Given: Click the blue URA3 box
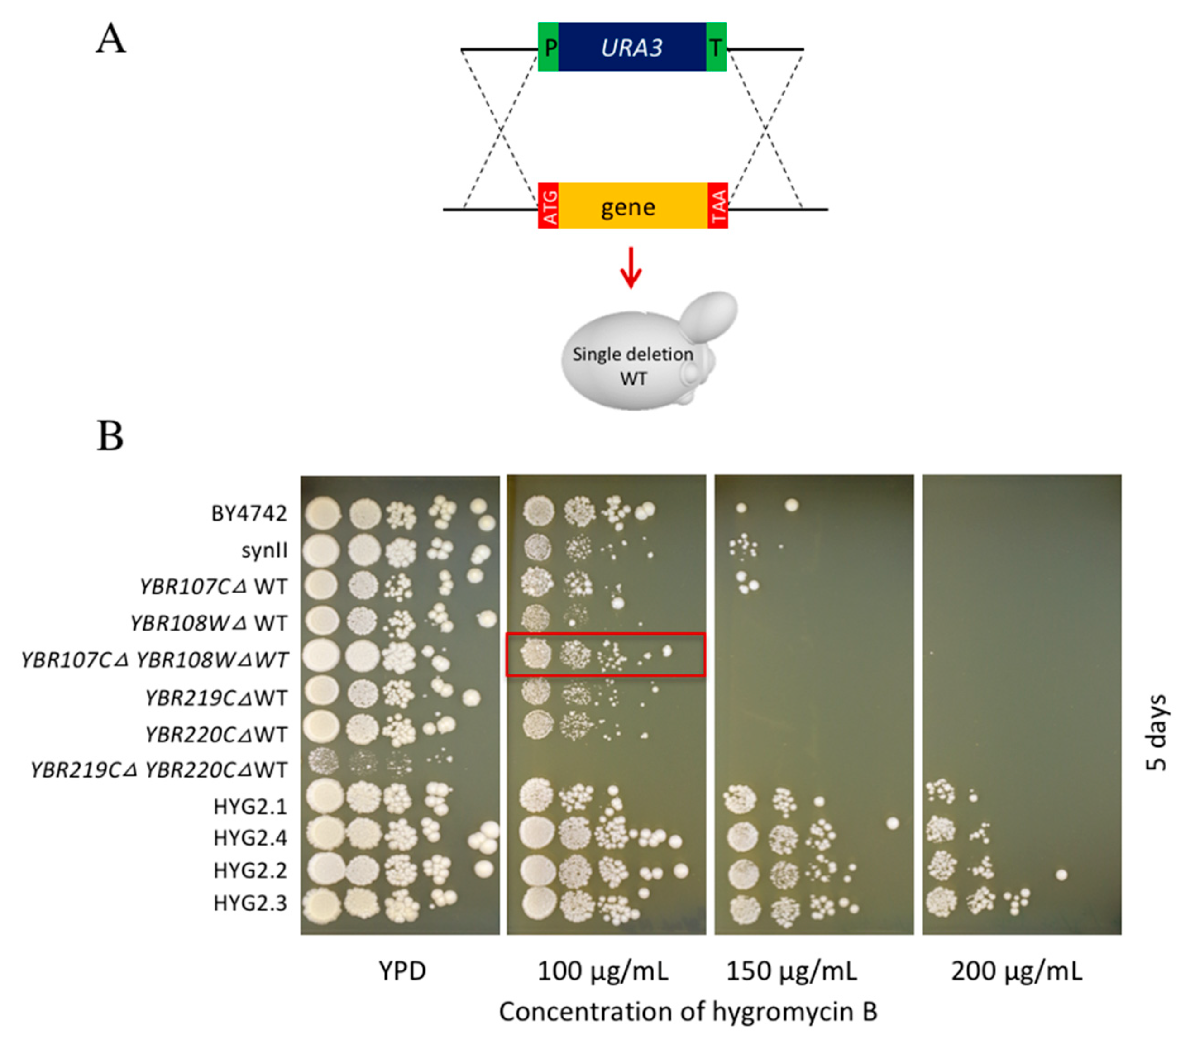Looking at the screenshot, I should pyautogui.click(x=631, y=47).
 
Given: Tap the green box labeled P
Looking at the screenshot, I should pyautogui.click(x=548, y=47).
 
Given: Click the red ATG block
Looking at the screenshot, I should pyautogui.click(x=548, y=206).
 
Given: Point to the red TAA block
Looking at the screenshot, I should pyautogui.click(x=717, y=206).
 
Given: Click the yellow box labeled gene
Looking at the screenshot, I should pyautogui.click(x=631, y=206).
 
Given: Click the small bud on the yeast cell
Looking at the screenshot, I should pyautogui.click(x=708, y=316).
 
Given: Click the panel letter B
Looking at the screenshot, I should pyautogui.click(x=110, y=436).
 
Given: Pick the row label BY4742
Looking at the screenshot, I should pyautogui.click(x=249, y=513).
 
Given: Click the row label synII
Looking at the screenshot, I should pyautogui.click(x=264, y=550).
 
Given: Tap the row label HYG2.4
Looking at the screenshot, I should pyautogui.click(x=250, y=838).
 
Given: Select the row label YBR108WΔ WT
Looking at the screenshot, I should pyautogui.click(x=208, y=623).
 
